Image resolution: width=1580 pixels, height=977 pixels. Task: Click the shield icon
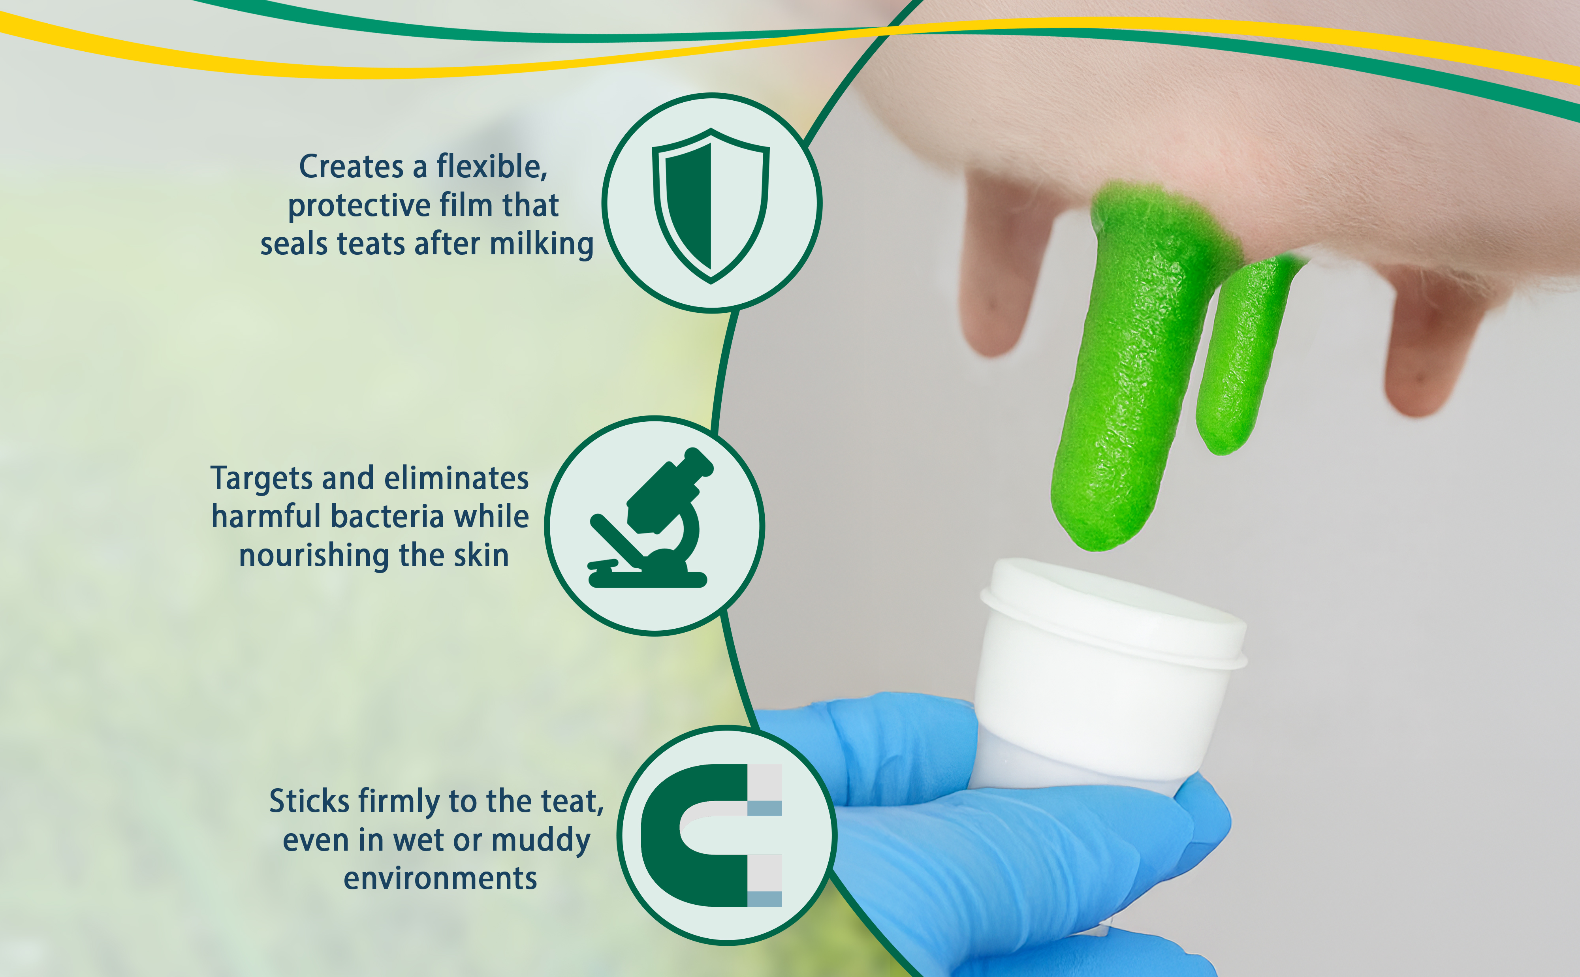point(711,205)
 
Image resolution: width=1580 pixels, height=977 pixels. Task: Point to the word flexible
point(492,167)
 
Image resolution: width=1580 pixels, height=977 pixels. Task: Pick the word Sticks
point(310,801)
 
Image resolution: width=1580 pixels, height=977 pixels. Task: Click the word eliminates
point(456,479)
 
